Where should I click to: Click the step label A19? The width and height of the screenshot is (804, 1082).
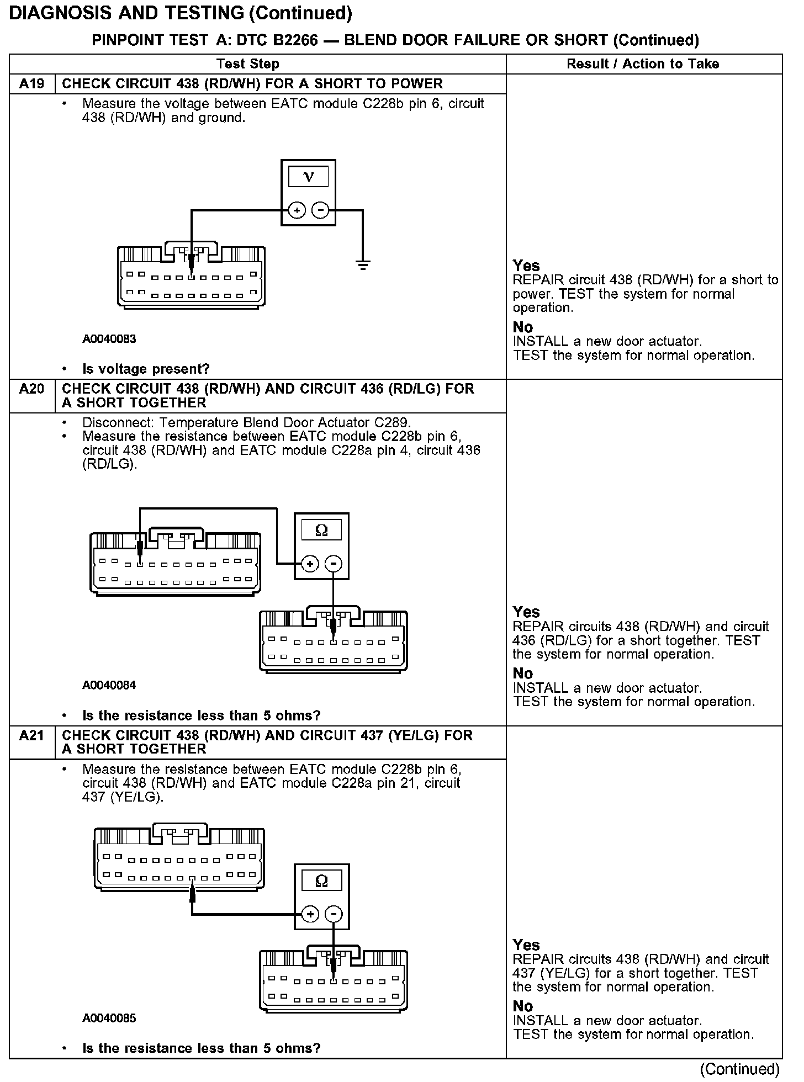[31, 84]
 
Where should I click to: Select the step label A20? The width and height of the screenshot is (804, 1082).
[31, 389]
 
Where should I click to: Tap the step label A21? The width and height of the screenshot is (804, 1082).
[31, 735]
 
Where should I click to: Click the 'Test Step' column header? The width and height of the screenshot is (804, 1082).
[248, 64]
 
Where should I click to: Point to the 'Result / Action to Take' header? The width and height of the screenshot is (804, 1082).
[643, 64]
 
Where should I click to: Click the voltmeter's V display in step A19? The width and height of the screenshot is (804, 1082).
[309, 177]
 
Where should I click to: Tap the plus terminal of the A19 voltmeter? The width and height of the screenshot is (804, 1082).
[297, 210]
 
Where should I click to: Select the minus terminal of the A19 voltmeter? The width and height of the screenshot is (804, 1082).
[320, 210]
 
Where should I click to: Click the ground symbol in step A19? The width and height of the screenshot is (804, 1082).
[363, 266]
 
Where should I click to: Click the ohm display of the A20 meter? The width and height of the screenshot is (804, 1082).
[321, 531]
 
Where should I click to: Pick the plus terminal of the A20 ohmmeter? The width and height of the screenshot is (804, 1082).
[310, 564]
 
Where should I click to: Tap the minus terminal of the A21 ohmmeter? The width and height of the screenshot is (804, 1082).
[333, 915]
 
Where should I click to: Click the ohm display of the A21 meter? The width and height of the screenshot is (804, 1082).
[321, 881]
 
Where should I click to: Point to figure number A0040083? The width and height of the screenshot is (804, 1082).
[109, 339]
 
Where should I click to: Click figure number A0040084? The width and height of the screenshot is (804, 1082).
[109, 685]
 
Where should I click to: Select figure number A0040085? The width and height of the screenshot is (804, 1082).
[109, 1018]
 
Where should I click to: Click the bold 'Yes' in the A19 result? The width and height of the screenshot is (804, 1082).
[526, 266]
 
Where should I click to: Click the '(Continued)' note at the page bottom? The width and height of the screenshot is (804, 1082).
[740, 1069]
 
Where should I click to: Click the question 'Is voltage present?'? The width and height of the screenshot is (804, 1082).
[146, 369]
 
